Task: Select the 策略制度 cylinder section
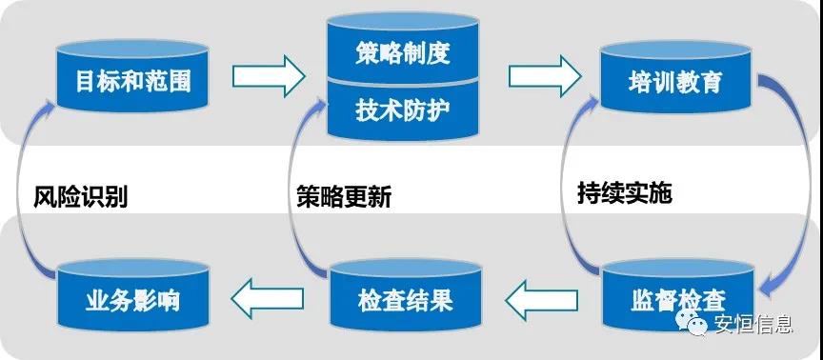coord(401,53)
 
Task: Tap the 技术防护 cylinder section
coord(401,110)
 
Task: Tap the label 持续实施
coord(624,193)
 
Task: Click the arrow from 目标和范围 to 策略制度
coord(267,75)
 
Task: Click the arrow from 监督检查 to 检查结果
coord(541,302)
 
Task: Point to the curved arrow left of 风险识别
coord(27,190)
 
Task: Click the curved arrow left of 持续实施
coord(564,190)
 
